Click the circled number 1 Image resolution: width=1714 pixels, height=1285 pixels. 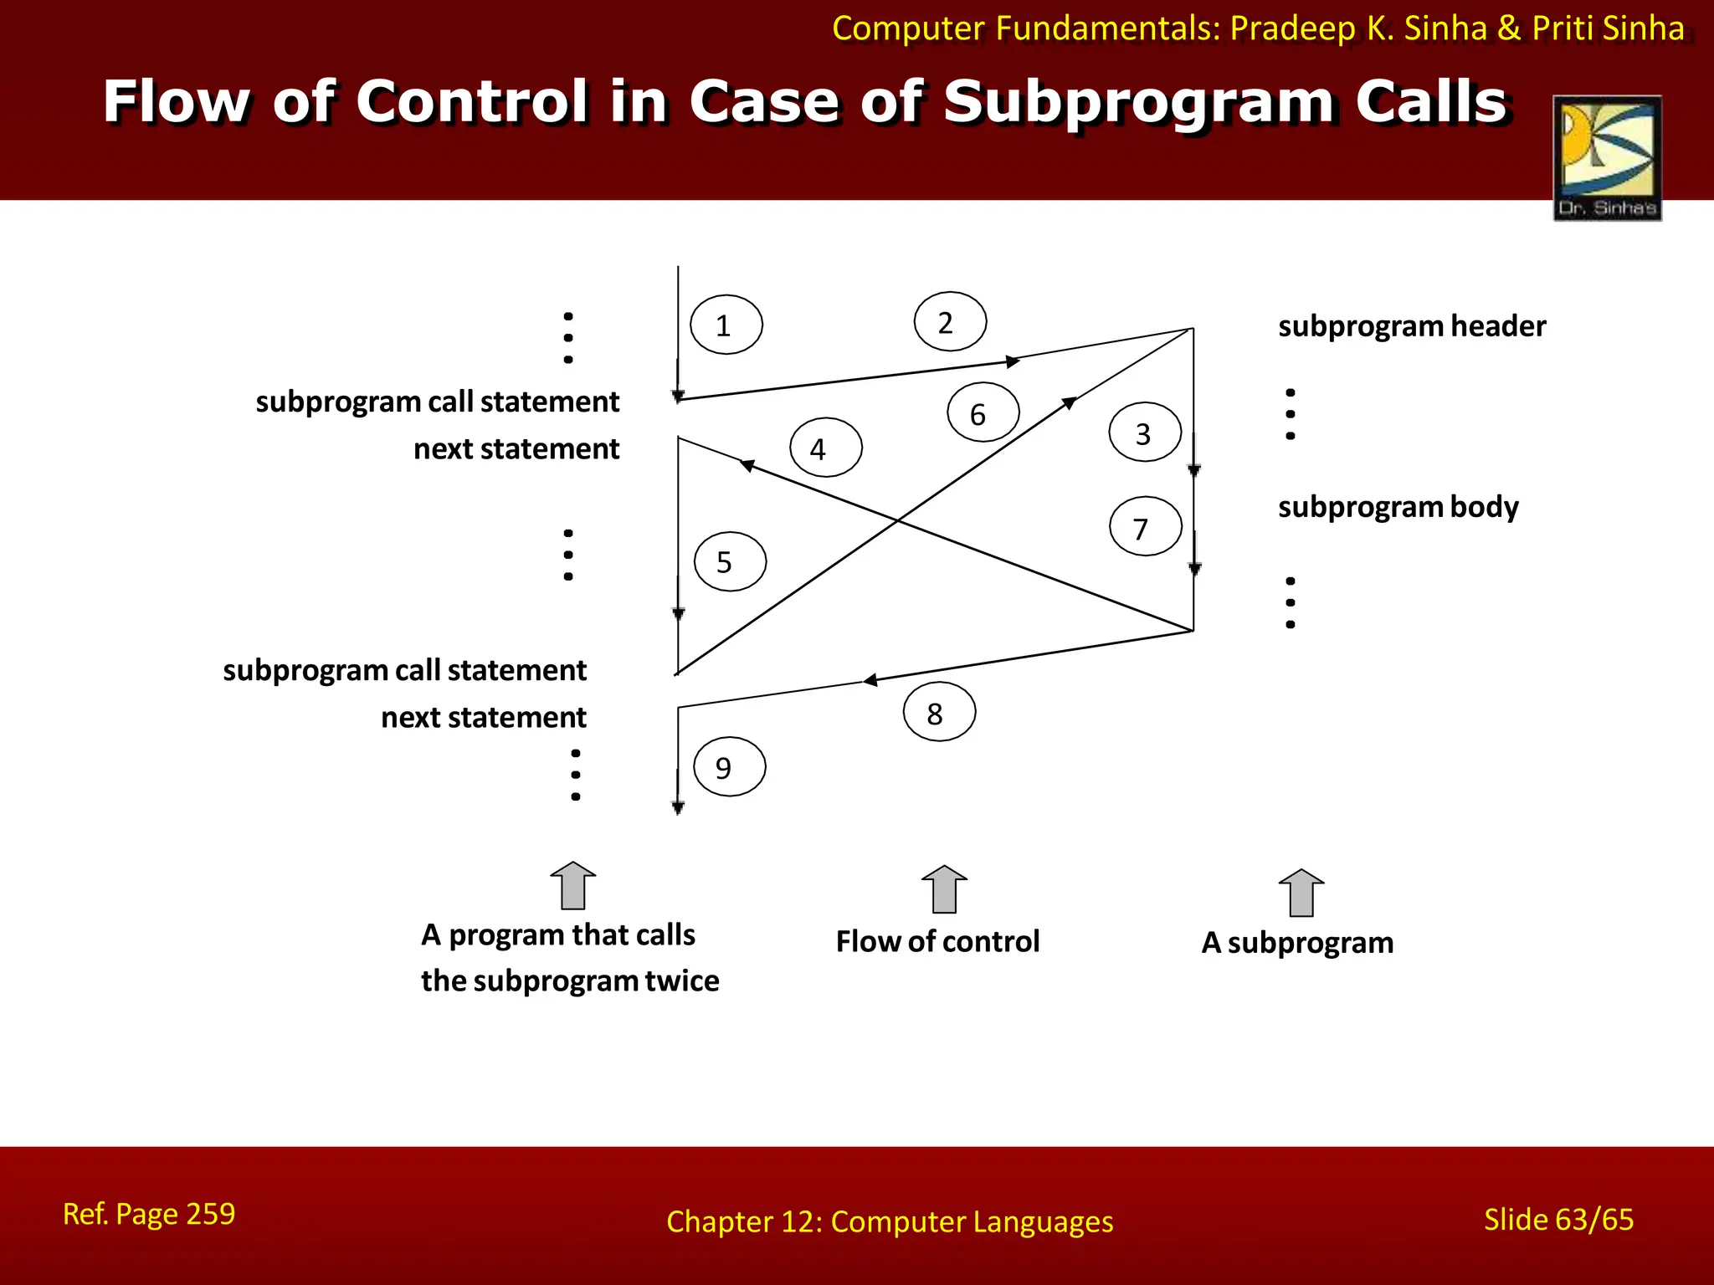pos(726,325)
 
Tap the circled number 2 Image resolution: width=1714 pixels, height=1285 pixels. pos(949,322)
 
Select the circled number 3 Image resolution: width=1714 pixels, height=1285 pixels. pos(1144,433)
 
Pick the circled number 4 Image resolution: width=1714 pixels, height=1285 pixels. pos(825,448)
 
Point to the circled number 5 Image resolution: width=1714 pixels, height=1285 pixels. pos(729,561)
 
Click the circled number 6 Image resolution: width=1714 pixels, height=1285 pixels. pos(983,413)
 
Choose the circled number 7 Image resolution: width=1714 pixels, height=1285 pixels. pos(1145,527)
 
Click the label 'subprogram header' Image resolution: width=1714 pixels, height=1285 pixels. pos(1411,326)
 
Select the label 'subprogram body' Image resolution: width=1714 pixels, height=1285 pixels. pos(1398,507)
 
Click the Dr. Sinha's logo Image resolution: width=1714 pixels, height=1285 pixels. pos(1606,158)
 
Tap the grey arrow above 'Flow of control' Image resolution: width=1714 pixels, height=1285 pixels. pos(943,889)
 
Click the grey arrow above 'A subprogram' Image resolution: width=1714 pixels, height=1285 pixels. pos(1301,893)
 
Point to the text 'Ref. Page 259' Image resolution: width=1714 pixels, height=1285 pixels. pos(149,1214)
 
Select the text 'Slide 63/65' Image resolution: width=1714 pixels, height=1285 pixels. pos(1557,1219)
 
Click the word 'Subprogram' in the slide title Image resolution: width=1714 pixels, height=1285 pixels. pos(1139,102)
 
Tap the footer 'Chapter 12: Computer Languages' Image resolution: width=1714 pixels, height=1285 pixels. pos(889,1221)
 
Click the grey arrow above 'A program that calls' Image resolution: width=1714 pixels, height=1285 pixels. pos(572,886)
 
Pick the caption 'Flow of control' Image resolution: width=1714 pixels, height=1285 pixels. pos(937,942)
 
